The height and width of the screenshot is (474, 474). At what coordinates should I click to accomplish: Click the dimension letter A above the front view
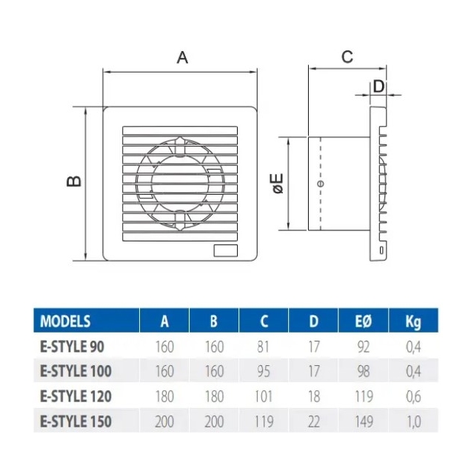coord(182,58)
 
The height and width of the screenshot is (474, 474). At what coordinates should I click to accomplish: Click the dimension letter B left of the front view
coord(74,181)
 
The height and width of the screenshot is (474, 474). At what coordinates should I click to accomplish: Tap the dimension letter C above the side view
coord(347,56)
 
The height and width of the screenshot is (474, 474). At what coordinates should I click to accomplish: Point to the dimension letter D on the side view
coord(378,87)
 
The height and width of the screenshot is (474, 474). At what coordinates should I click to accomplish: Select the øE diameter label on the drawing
coord(278,183)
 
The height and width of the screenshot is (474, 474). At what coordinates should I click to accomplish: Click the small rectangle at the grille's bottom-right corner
coord(225,250)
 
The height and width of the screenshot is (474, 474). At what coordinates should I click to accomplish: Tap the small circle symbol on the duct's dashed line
coord(321,183)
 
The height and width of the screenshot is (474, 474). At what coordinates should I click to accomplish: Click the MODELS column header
coord(65,321)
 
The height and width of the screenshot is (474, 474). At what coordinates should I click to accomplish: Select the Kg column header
coord(413,321)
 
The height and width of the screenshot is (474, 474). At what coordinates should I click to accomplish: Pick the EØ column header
coord(363,321)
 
